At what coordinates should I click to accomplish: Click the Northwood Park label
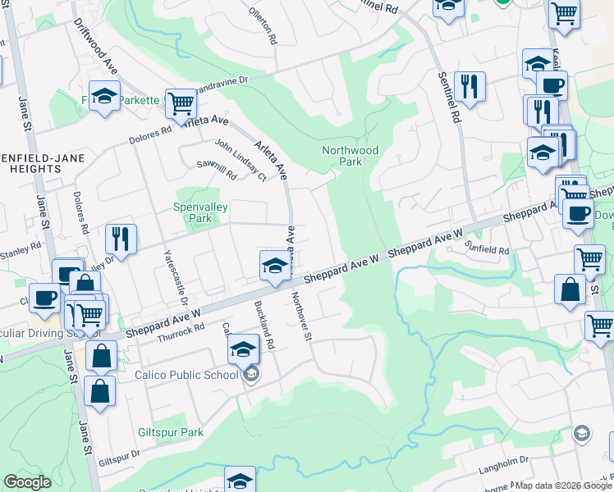(x=350, y=156)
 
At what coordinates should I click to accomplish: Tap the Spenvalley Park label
(x=200, y=213)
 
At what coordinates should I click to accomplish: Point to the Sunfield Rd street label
(x=488, y=247)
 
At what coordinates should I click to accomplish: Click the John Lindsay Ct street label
(x=241, y=160)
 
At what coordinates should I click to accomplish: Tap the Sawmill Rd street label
(x=216, y=170)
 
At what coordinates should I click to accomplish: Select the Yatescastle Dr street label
(x=173, y=274)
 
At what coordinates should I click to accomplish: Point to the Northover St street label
(x=300, y=321)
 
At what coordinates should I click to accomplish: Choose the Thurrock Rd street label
(x=180, y=330)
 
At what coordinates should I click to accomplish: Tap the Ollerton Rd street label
(x=264, y=27)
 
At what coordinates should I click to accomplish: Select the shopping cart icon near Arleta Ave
(x=181, y=103)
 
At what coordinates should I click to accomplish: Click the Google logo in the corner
(x=27, y=482)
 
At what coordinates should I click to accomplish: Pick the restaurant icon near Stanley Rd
(x=121, y=239)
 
